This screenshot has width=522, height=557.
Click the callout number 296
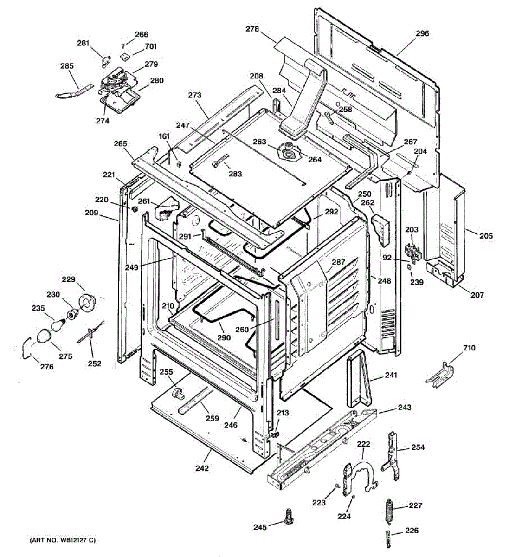(x=422, y=33)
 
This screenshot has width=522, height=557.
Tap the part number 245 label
(x=260, y=527)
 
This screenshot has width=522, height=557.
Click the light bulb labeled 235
(x=59, y=324)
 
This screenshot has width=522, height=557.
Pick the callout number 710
(x=469, y=348)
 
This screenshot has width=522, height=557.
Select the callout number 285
(x=67, y=66)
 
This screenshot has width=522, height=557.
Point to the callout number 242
(x=202, y=468)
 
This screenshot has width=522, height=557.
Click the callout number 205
(x=486, y=236)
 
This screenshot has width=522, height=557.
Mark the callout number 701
(x=151, y=46)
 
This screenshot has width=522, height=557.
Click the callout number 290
(x=224, y=337)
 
